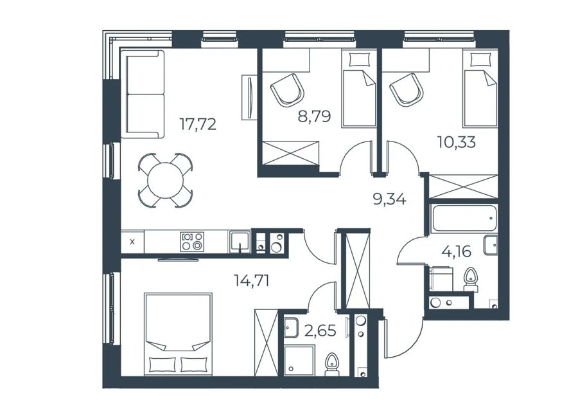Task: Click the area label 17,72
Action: [x=198, y=124]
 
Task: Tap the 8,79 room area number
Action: [x=314, y=116]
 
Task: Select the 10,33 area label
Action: [x=457, y=141]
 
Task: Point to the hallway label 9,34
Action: [x=389, y=199]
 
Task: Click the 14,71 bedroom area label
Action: [x=252, y=281]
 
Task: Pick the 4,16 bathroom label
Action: [x=457, y=251]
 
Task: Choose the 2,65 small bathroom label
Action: [x=320, y=331]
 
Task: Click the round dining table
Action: [x=165, y=180]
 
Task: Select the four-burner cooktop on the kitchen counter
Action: [x=191, y=242]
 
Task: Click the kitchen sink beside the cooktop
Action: [x=240, y=242]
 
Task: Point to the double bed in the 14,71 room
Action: [x=179, y=334]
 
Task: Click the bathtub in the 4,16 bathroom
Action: [x=464, y=219]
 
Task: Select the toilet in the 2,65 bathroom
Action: [x=333, y=365]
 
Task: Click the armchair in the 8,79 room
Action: [x=288, y=89]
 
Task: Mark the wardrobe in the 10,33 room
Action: [x=463, y=186]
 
